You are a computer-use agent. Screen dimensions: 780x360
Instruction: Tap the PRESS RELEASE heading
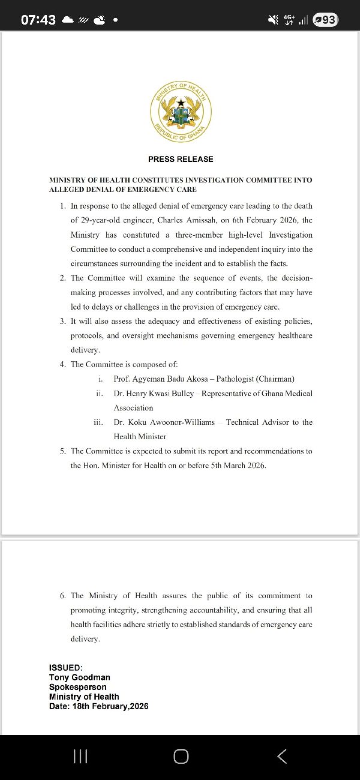click(181, 159)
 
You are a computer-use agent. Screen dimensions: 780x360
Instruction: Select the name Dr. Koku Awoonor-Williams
click(164, 422)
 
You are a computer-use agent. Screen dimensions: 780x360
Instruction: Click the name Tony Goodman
click(80, 677)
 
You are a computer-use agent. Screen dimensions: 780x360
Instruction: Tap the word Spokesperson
click(78, 687)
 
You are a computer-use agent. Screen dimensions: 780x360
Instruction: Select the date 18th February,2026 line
click(99, 706)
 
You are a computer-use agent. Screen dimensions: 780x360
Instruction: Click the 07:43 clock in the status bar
click(38, 20)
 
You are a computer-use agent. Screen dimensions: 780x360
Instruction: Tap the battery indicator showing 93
click(325, 20)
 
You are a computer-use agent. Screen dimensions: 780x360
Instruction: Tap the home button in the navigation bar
click(181, 757)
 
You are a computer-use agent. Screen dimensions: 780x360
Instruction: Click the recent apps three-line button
click(80, 757)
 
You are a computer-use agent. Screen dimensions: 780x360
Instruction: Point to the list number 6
click(63, 596)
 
